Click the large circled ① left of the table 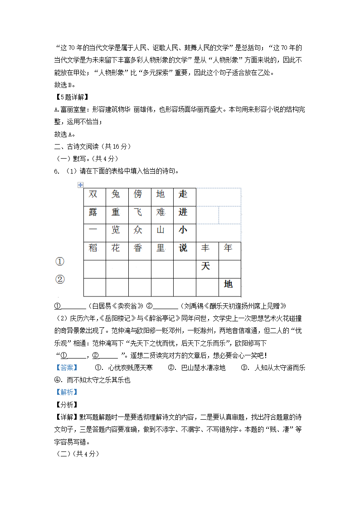(60, 262)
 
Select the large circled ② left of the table (60, 279)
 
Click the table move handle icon (80, 184)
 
